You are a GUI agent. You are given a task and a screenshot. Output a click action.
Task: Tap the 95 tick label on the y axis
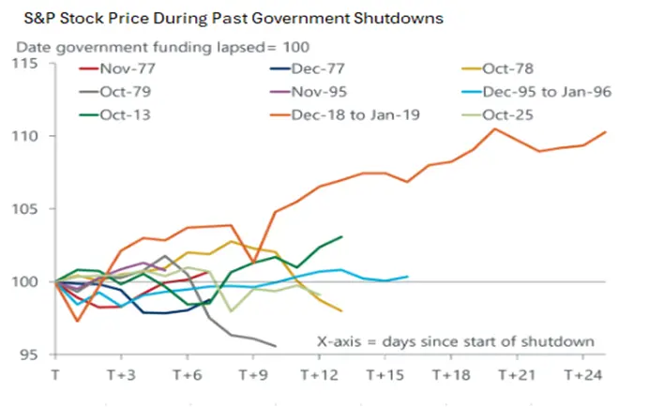(30, 354)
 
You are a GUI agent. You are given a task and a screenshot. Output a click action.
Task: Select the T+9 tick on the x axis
(253, 373)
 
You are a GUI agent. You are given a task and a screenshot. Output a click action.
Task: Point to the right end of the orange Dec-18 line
(606, 132)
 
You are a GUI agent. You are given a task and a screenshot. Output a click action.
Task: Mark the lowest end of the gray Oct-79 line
(276, 346)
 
